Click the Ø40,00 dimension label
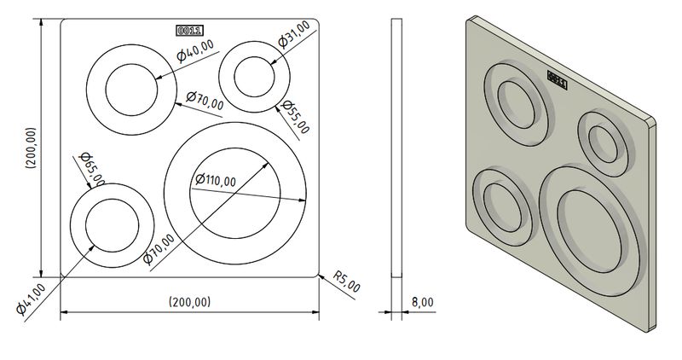195,50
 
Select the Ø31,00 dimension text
294,34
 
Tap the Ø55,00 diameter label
295,117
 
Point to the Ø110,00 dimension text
216,179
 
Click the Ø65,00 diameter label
92,169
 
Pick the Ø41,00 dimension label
31,299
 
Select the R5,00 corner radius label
347,282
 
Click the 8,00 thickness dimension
422,302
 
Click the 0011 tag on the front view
190,31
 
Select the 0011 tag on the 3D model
558,79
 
